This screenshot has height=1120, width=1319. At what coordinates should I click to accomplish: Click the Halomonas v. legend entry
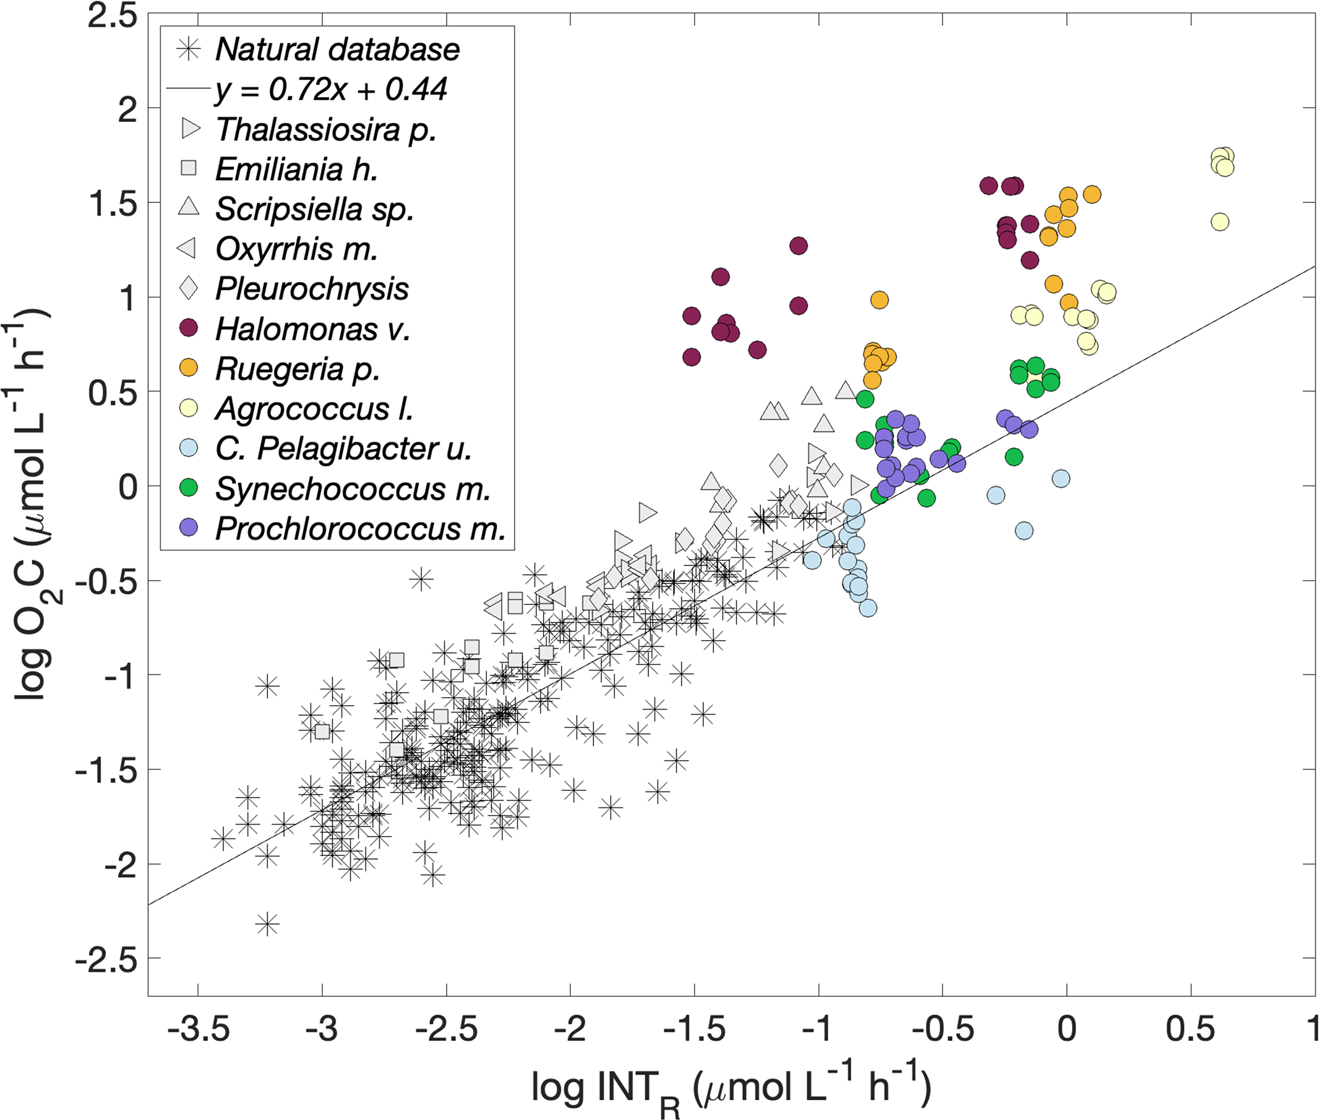coord(312,329)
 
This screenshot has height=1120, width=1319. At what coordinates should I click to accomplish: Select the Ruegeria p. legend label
coord(297,369)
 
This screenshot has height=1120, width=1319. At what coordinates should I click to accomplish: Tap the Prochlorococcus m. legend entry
coord(360,528)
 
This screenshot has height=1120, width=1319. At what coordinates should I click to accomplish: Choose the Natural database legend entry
coord(337,49)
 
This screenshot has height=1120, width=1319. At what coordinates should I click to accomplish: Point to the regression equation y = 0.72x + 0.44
coord(331,89)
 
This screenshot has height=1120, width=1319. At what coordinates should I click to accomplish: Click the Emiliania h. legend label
coord(297,169)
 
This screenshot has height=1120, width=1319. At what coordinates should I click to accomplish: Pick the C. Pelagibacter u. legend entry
coord(343,449)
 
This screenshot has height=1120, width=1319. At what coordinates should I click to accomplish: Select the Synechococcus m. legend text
coord(353,489)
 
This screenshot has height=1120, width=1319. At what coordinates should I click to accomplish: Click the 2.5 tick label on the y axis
coord(112,15)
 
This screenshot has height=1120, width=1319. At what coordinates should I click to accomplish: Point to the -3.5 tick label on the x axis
coord(198,1029)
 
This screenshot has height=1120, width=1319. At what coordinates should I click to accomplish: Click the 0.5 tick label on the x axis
coord(1190,1029)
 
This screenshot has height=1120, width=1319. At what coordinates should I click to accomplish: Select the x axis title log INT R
coord(731,1089)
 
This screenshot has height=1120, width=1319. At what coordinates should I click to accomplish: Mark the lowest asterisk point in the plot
coord(267,923)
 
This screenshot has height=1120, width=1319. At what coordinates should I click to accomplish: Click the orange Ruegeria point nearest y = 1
coord(879,300)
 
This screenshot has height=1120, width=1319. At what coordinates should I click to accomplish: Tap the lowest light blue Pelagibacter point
coord(868,608)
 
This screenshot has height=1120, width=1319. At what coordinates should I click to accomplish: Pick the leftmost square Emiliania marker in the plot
coord(322,731)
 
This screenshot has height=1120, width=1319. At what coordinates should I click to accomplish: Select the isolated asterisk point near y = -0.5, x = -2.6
coord(421,579)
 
